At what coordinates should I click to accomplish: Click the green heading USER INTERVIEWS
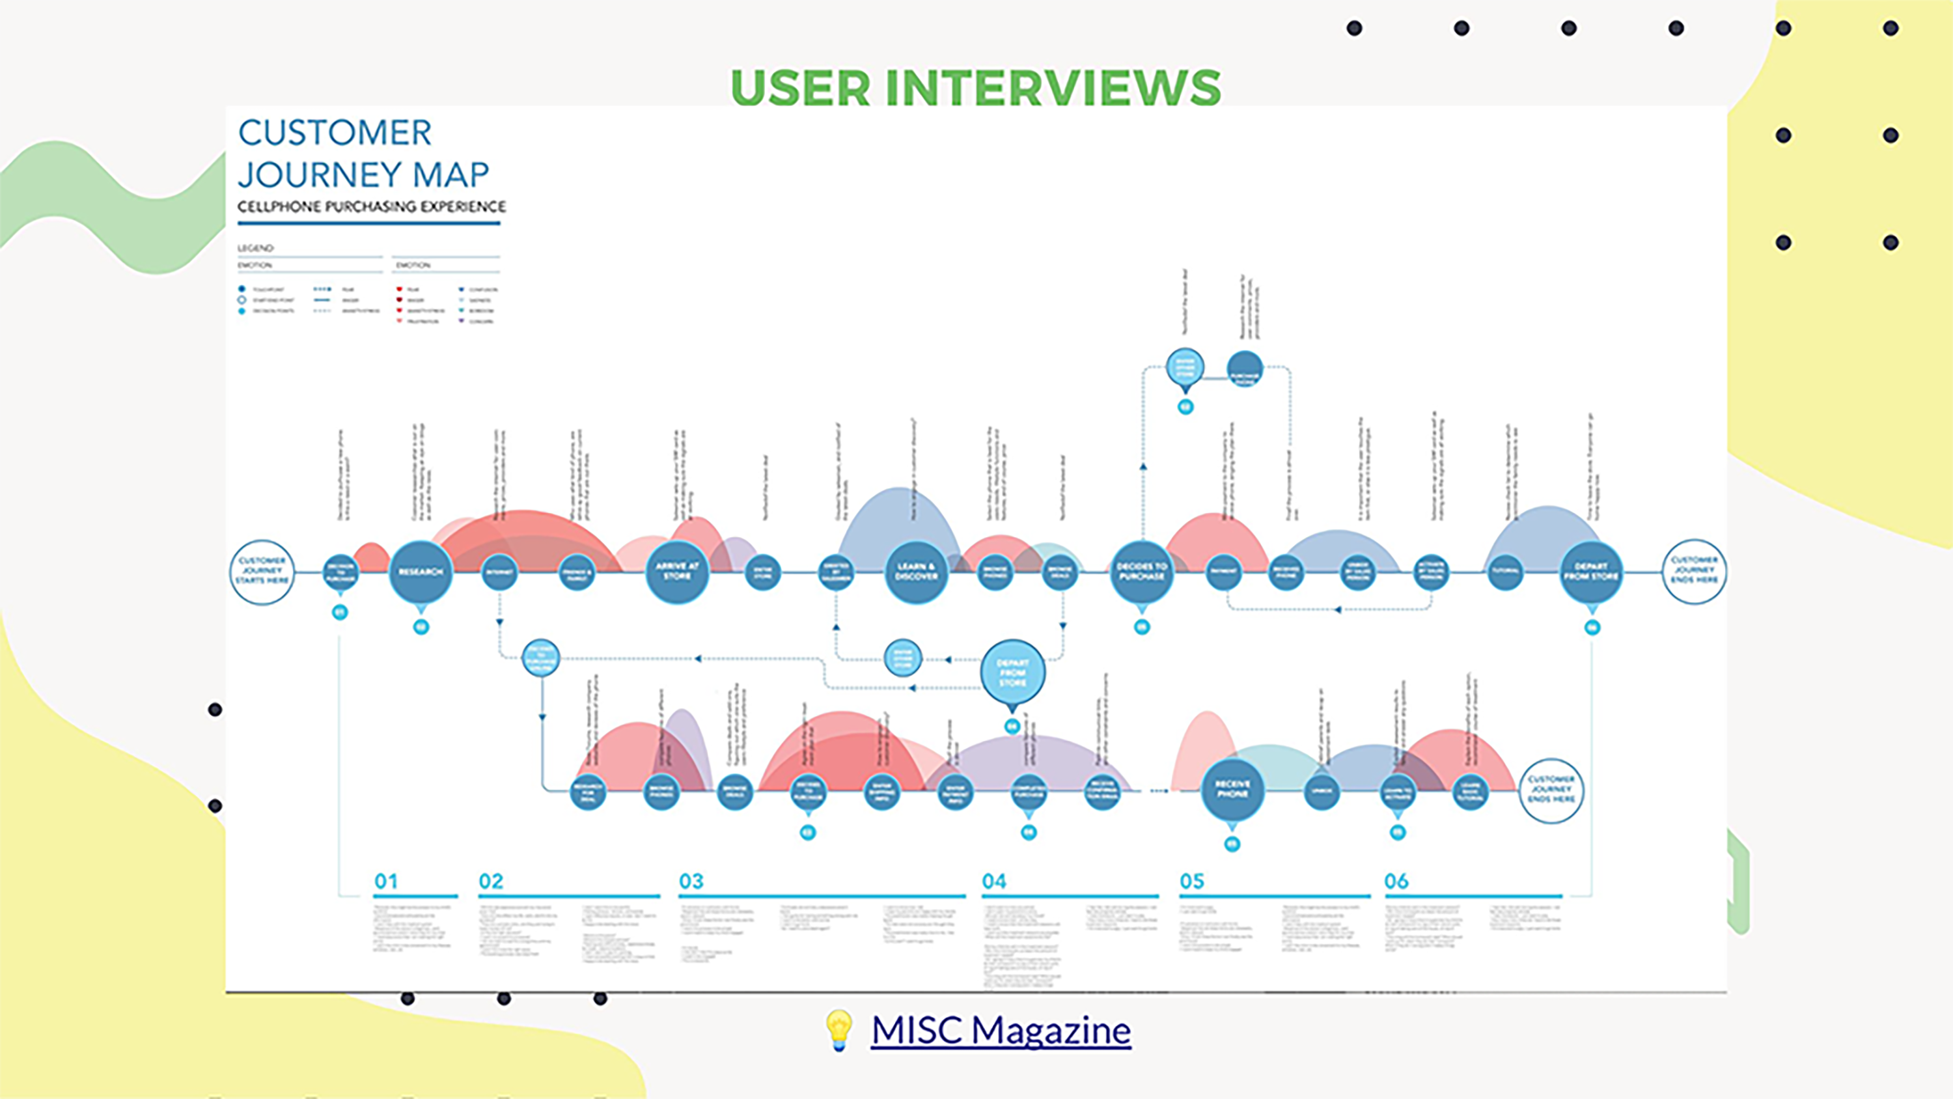(975, 87)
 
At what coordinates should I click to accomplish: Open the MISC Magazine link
(1001, 1030)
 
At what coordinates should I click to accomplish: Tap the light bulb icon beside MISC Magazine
(838, 1030)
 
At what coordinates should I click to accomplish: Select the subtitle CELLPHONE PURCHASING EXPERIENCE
(372, 206)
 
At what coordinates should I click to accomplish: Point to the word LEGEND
(255, 248)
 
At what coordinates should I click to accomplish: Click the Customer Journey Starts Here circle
(262, 571)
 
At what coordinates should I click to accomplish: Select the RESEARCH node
(421, 572)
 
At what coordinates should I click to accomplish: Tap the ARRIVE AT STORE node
(677, 572)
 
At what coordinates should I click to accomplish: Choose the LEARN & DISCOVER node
(916, 572)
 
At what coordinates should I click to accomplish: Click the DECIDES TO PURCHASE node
(1142, 572)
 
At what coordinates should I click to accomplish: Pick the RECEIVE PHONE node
(1232, 790)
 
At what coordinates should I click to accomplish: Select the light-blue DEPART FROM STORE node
(1012, 673)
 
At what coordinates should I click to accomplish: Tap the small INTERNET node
(499, 573)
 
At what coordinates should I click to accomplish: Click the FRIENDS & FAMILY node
(576, 573)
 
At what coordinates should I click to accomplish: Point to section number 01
(386, 882)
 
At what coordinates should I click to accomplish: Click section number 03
(691, 882)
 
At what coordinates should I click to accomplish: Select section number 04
(994, 882)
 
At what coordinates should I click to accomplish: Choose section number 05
(1192, 882)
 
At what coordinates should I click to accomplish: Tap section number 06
(1396, 882)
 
